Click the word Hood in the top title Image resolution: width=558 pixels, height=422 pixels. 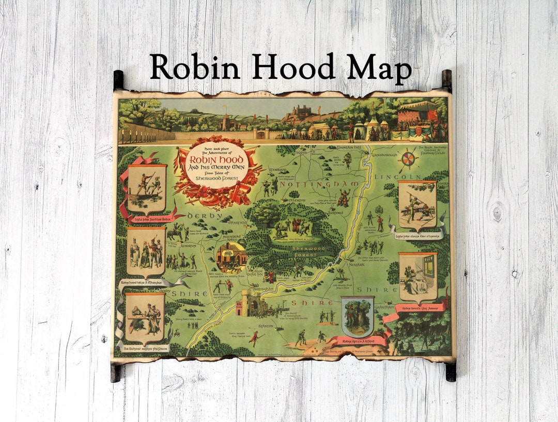click(x=284, y=67)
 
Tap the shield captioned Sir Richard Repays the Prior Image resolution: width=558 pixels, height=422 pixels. click(x=145, y=319)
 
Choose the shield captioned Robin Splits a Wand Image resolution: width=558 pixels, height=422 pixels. click(x=358, y=316)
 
